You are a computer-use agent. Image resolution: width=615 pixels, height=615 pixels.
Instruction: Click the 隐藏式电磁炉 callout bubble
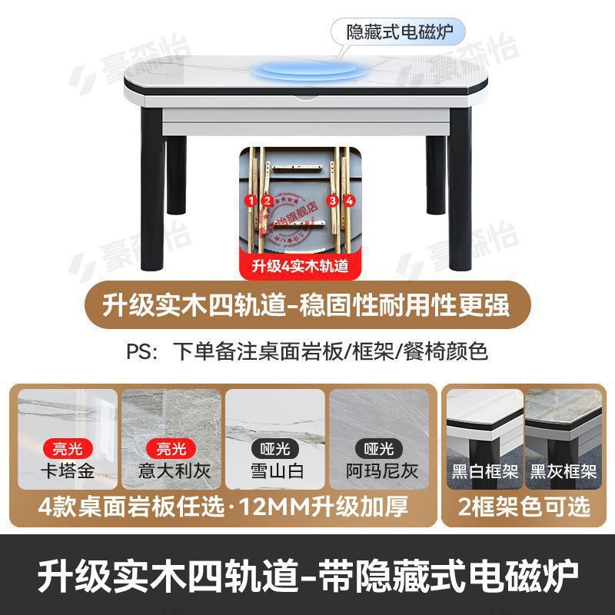(x=398, y=32)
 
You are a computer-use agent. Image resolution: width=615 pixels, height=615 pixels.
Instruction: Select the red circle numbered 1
(x=249, y=201)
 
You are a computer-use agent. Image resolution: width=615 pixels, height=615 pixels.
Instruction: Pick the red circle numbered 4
(x=350, y=201)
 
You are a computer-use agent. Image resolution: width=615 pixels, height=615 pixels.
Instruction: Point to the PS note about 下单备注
(x=307, y=351)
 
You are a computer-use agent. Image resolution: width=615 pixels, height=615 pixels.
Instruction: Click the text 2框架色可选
(x=524, y=507)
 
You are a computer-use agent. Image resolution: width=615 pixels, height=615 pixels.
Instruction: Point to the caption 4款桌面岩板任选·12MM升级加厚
(x=222, y=507)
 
